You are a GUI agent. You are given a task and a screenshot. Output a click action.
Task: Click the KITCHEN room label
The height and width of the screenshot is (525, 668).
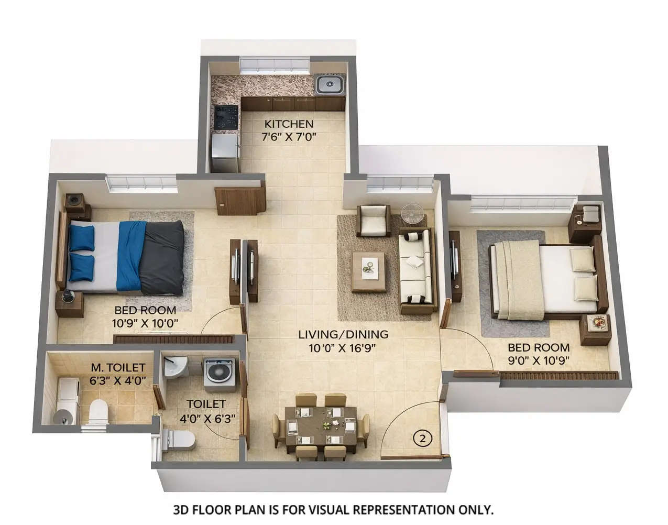coord(289,124)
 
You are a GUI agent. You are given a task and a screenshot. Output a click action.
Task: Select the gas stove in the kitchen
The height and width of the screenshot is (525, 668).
coord(226,116)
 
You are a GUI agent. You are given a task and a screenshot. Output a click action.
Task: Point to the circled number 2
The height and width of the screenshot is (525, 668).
coord(422,437)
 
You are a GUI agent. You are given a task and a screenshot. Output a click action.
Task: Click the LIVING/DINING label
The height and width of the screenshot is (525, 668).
coord(343,334)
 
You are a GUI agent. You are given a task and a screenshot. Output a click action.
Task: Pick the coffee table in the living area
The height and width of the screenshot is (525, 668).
coord(369,270)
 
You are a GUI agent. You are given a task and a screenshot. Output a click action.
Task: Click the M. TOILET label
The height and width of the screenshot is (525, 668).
coord(118,368)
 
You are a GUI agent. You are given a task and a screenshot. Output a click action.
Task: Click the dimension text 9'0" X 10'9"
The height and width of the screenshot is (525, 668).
coord(539,360)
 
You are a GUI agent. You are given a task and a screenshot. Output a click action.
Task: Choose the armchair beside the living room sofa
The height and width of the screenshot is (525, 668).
coord(373,221)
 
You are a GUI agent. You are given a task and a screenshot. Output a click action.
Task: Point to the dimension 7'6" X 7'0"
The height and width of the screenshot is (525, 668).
coord(289,137)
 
